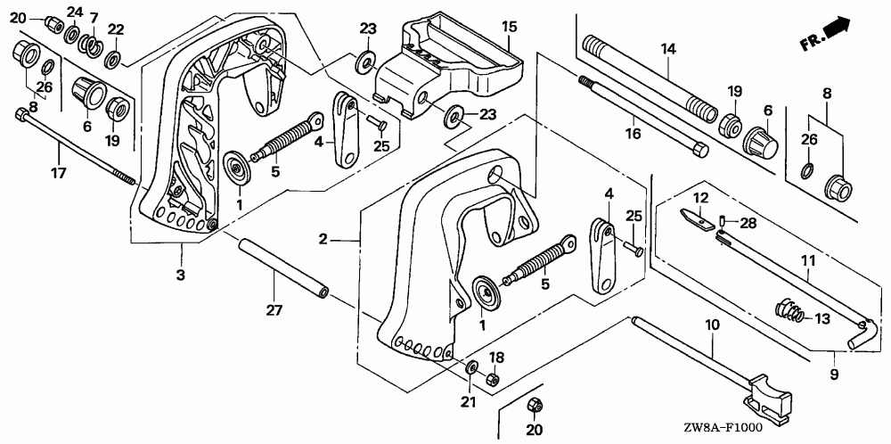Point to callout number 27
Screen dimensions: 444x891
[x=274, y=309]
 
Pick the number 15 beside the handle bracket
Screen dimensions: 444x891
[x=509, y=27]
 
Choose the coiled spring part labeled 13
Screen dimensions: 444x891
[x=790, y=312]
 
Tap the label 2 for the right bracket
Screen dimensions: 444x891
[x=325, y=239]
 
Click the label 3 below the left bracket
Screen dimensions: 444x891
[x=181, y=275]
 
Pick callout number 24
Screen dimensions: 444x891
[x=75, y=12]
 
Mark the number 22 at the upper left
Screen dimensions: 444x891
[x=115, y=29]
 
